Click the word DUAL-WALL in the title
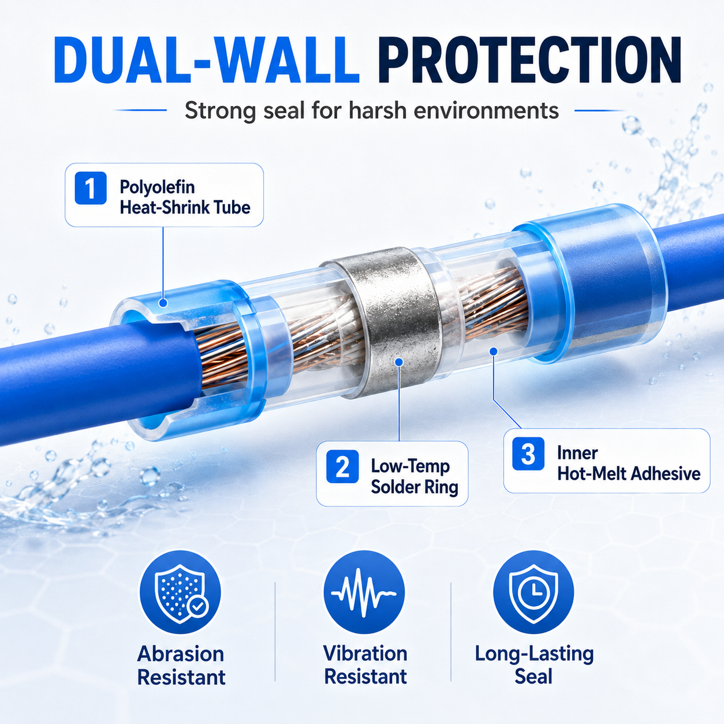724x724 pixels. (207, 59)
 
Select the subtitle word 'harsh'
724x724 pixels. (378, 111)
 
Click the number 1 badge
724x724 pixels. (91, 188)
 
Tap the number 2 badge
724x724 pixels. (342, 467)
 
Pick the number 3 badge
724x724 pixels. (528, 454)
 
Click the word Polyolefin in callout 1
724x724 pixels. (158, 186)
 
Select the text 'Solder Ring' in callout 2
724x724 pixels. (415, 487)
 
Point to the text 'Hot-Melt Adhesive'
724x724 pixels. (629, 474)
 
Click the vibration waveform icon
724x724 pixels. (364, 592)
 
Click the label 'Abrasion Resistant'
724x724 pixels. (181, 666)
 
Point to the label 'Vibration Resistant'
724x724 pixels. (365, 665)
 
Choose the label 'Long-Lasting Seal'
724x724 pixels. (534, 665)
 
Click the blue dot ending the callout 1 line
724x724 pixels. (163, 303)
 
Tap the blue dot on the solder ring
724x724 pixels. (399, 361)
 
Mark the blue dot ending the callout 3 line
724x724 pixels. (493, 351)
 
